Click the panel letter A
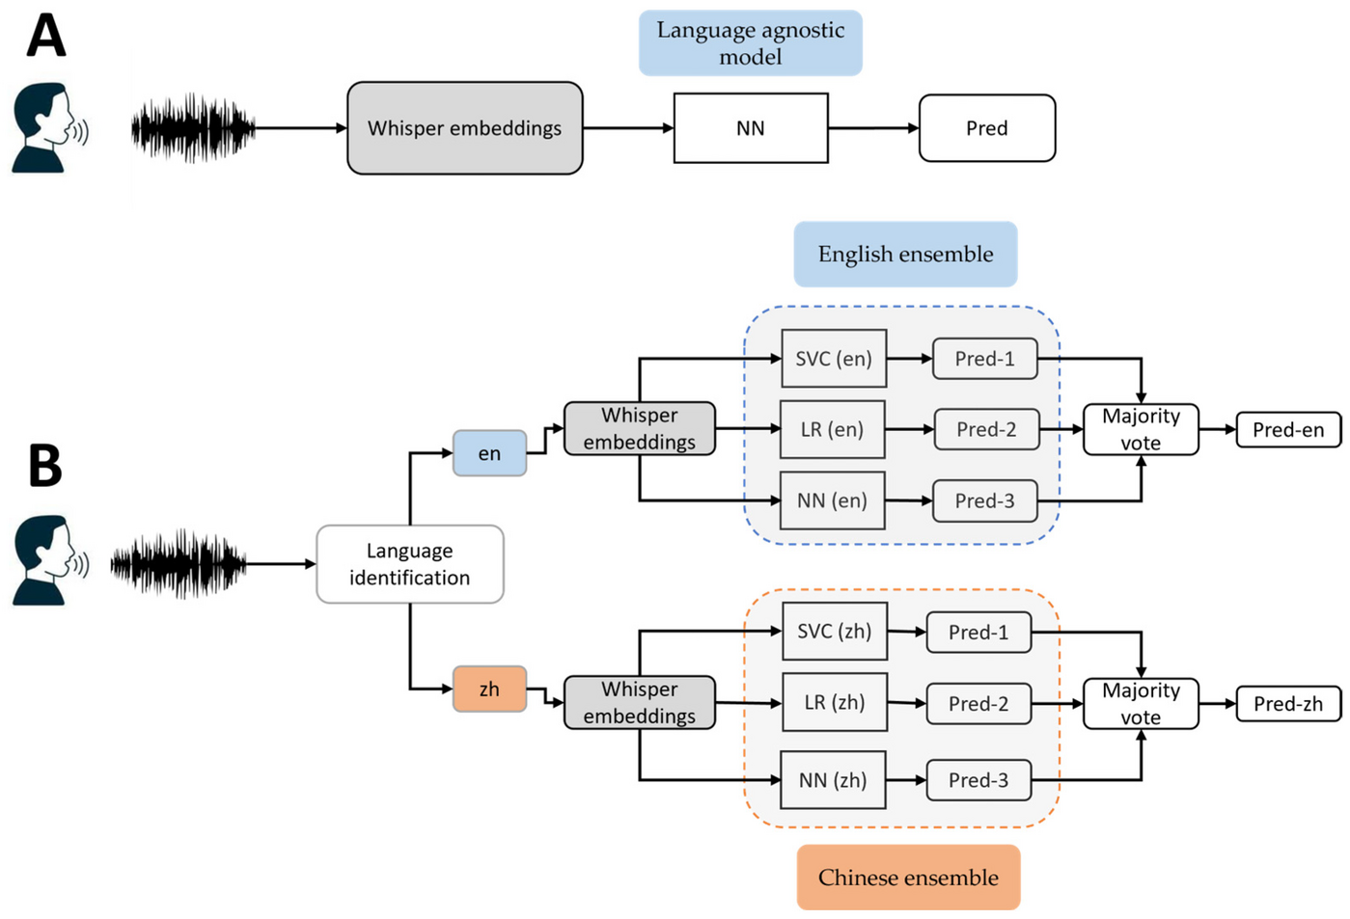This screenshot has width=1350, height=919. (46, 36)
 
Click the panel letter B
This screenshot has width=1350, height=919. (45, 465)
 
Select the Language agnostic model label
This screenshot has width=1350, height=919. (751, 42)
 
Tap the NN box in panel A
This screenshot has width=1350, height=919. (751, 127)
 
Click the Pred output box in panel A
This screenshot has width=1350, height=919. (987, 127)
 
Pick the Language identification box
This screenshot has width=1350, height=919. (410, 564)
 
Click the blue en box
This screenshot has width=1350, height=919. (489, 453)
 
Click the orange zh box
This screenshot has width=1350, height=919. (489, 689)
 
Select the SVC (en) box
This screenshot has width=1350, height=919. (834, 359)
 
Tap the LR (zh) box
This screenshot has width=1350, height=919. (835, 702)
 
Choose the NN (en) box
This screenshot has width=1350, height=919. (833, 500)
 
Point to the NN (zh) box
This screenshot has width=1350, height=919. (833, 780)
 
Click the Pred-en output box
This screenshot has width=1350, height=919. (1288, 429)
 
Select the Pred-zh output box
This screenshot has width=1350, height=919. (1288, 703)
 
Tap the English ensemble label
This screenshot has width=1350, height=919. (906, 254)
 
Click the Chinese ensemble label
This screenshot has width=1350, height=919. (908, 877)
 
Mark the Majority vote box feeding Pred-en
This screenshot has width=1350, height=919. (1141, 429)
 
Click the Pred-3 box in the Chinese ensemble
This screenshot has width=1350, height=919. (978, 780)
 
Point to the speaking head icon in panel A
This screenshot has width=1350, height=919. (50, 127)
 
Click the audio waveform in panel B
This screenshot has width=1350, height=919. (179, 564)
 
